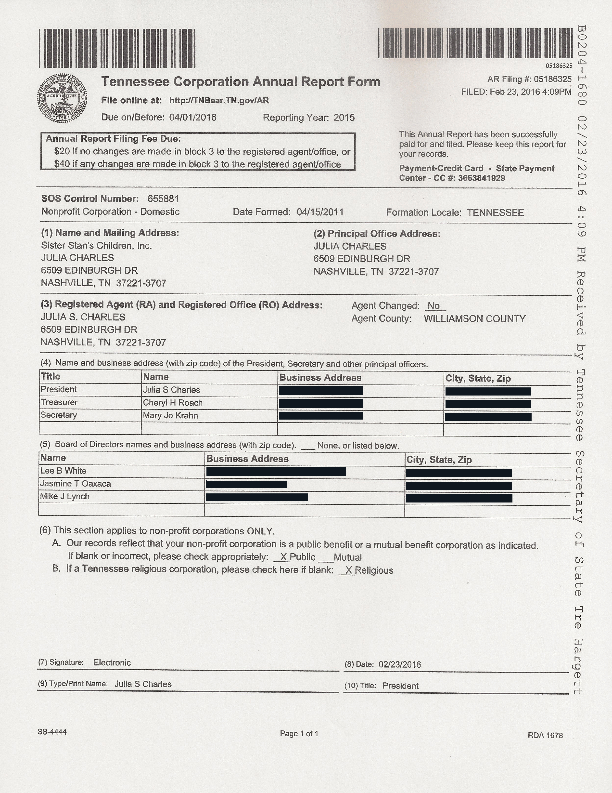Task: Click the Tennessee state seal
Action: pyautogui.click(x=62, y=98)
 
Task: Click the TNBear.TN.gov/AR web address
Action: pyautogui.click(x=219, y=101)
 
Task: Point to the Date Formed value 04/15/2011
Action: pyautogui.click(x=320, y=212)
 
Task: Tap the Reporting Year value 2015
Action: pyautogui.click(x=344, y=118)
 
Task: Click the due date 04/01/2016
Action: pyautogui.click(x=193, y=117)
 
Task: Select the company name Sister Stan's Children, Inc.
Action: pyautogui.click(x=97, y=246)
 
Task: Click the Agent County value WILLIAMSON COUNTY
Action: pyautogui.click(x=474, y=319)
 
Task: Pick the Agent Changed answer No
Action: pyautogui.click(x=433, y=306)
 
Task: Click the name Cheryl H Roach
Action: pyautogui.click(x=173, y=403)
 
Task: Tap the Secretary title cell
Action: pyautogui.click(x=59, y=415)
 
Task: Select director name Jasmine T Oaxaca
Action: pyautogui.click(x=76, y=484)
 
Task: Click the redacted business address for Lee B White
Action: pyautogui.click(x=276, y=472)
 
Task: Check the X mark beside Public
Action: pyautogui.click(x=283, y=557)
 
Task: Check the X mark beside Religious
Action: pyautogui.click(x=348, y=570)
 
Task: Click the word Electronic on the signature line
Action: pyautogui.click(x=112, y=663)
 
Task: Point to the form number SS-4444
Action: pyautogui.click(x=52, y=732)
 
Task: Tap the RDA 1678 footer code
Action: pyautogui.click(x=545, y=735)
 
